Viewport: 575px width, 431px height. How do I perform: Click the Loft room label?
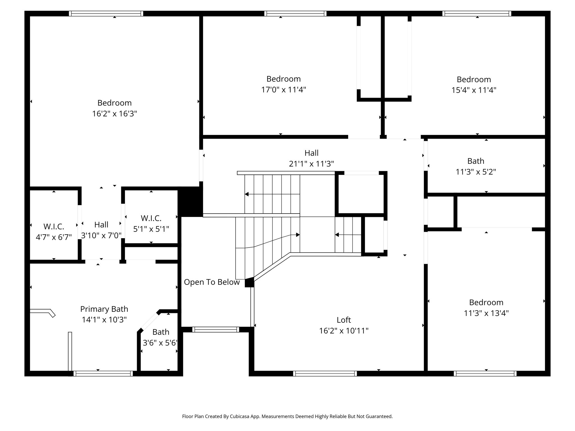click(x=344, y=320)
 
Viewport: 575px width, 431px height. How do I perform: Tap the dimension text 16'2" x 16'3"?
click(x=115, y=114)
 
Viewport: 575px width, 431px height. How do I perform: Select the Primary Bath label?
click(x=104, y=309)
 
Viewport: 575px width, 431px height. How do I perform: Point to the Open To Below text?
click(x=212, y=282)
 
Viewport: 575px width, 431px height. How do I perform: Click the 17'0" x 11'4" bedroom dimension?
click(x=284, y=90)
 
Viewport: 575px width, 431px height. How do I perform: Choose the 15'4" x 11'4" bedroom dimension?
click(x=474, y=90)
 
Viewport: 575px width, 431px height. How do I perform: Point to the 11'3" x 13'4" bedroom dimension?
click(x=486, y=313)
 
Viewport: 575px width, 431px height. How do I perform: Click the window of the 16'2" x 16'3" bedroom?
click(x=106, y=13)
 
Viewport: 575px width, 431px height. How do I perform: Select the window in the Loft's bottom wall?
click(x=325, y=373)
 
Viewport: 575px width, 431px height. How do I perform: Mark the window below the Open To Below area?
click(x=216, y=329)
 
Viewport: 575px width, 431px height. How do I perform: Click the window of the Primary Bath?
click(x=103, y=373)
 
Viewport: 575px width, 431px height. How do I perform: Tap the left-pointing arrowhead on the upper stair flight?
click(x=247, y=194)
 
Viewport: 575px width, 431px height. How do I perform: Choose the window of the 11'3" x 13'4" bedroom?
click(x=485, y=373)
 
